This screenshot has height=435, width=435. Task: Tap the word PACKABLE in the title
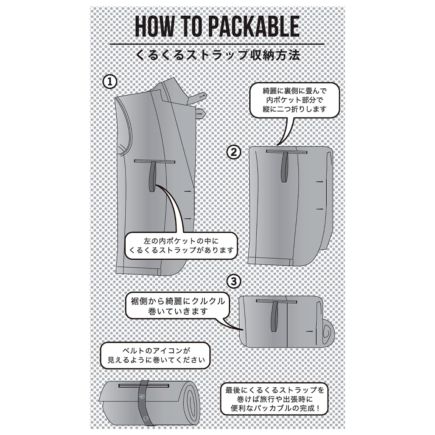(254, 27)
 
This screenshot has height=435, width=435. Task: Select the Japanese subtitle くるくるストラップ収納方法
(218, 55)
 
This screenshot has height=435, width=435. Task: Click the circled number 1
(110, 82)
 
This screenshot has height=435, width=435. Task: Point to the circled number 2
(234, 152)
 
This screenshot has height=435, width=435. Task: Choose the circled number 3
(234, 282)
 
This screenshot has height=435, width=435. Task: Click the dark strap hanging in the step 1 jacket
(153, 177)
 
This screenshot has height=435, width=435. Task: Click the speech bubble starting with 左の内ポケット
(181, 246)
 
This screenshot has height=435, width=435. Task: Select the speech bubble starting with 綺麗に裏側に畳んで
(294, 100)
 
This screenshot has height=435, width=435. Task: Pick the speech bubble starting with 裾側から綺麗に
(178, 306)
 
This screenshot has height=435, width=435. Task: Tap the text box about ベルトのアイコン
(156, 356)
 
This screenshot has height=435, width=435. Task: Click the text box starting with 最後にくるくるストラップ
(274, 399)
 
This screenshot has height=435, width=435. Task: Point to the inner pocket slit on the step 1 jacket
(155, 161)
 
